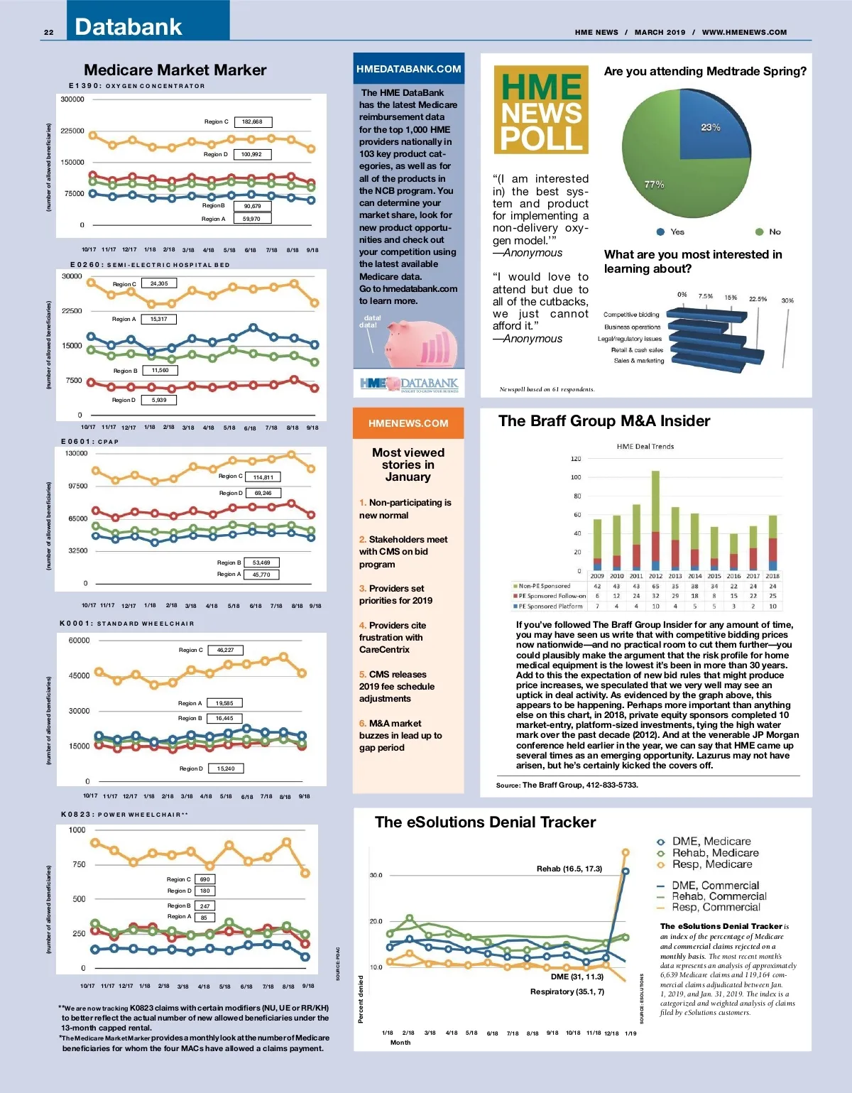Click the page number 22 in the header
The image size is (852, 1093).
pyautogui.click(x=48, y=32)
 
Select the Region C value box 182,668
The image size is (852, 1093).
pyautogui.click(x=252, y=122)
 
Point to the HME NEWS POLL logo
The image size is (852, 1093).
pyautogui.click(x=541, y=110)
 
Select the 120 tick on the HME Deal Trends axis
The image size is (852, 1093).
pyautogui.click(x=576, y=459)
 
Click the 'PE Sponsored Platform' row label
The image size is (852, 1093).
pyautogui.click(x=550, y=607)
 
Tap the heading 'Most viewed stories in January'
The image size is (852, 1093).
pyautogui.click(x=408, y=464)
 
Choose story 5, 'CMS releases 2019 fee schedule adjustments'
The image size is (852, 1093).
pyautogui.click(x=396, y=687)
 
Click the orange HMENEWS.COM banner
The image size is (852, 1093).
pyautogui.click(x=408, y=423)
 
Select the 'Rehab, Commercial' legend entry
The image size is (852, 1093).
pyautogui.click(x=719, y=896)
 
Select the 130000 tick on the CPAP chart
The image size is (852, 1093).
pyautogui.click(x=76, y=453)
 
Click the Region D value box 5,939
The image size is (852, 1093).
pyautogui.click(x=159, y=400)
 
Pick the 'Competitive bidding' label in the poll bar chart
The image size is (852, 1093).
pyautogui.click(x=631, y=315)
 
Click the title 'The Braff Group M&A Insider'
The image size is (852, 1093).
pyautogui.click(x=604, y=421)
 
